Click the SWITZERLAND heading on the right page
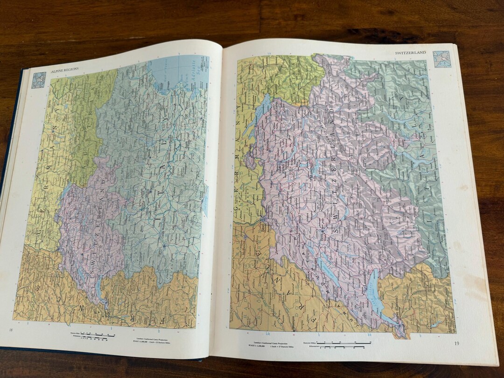[410, 53]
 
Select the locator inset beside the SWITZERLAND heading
[441, 59]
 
